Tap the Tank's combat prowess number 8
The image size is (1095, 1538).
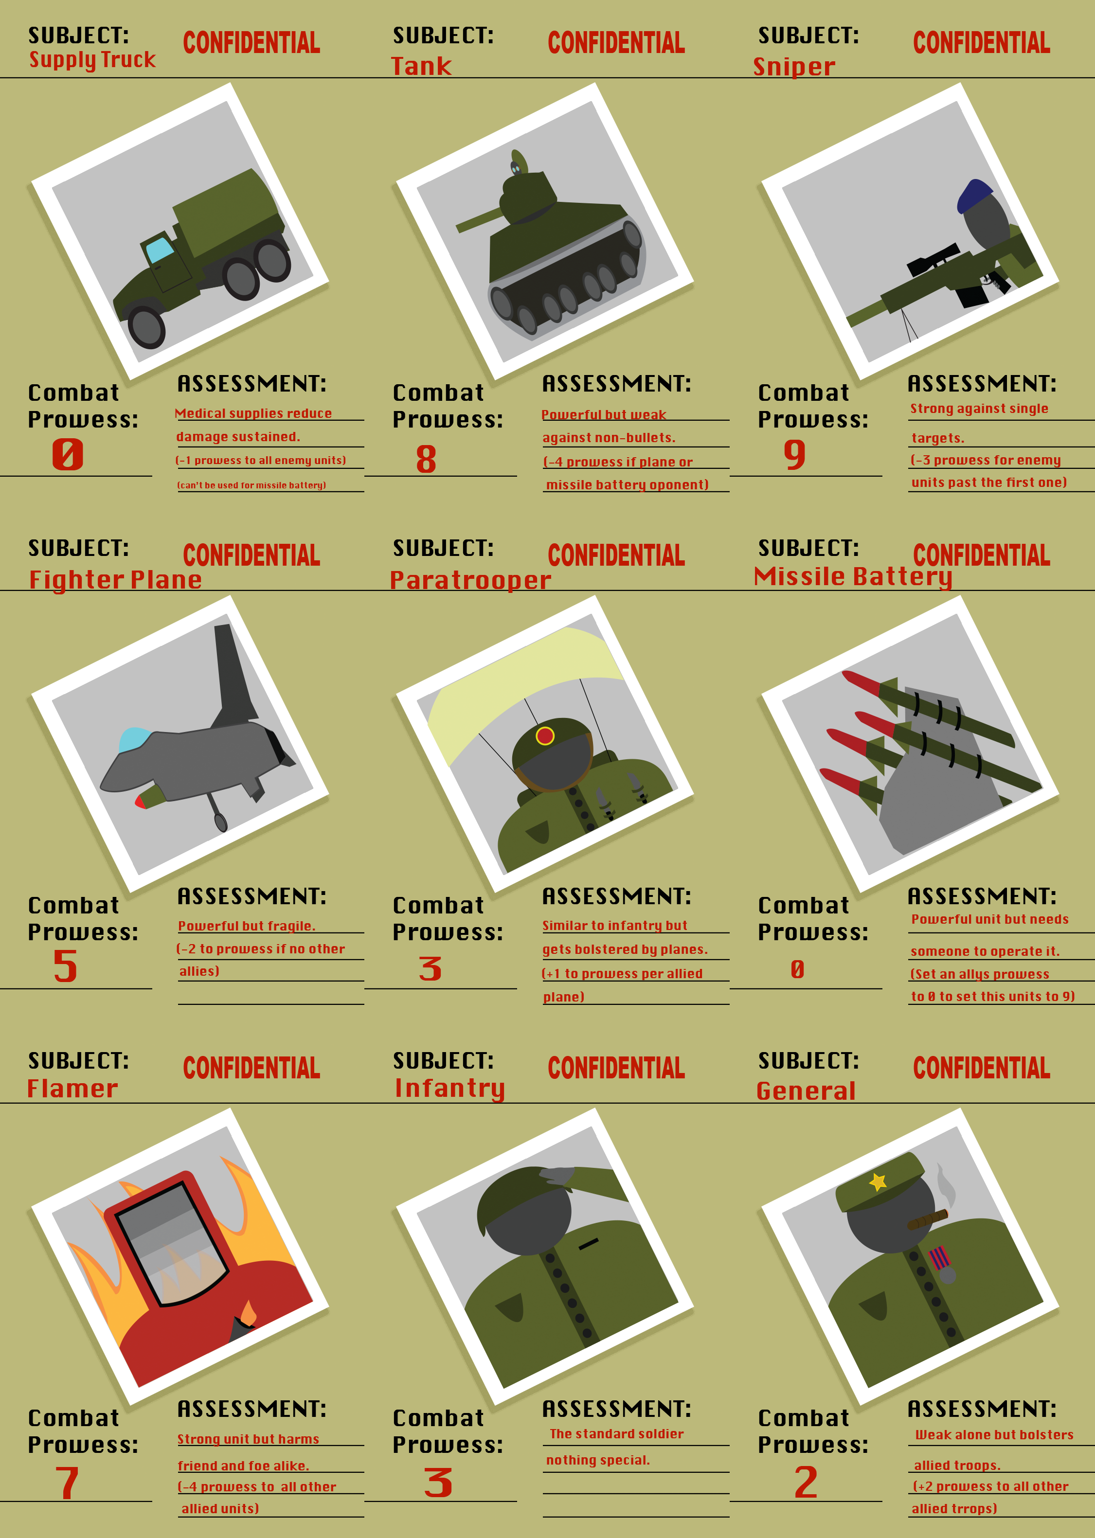click(426, 459)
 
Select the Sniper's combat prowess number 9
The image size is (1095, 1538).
click(795, 455)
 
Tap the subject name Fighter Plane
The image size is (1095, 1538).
click(115, 580)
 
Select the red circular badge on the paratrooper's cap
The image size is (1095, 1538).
click(545, 735)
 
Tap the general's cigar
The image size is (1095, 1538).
click(929, 1219)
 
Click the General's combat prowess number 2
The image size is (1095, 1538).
click(806, 1482)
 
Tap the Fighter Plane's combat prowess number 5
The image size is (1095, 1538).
click(65, 966)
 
